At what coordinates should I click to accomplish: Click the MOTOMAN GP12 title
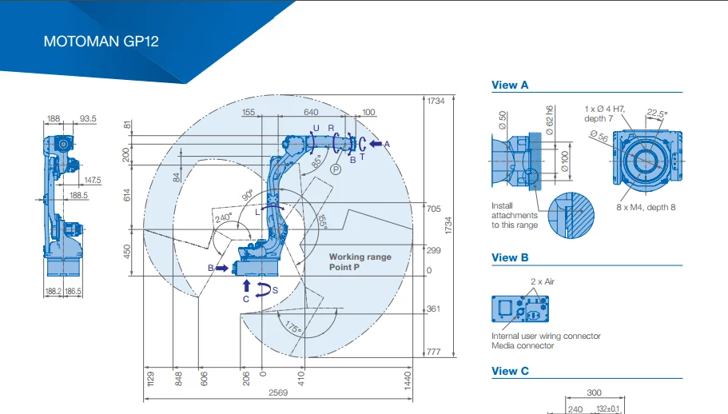(101, 42)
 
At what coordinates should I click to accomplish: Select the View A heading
(510, 85)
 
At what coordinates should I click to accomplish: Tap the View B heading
(510, 257)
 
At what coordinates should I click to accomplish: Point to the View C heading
(510, 371)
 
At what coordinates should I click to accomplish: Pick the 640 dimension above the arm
(311, 113)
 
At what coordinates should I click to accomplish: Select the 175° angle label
(293, 326)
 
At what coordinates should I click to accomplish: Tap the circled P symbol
(336, 169)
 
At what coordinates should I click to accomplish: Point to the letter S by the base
(275, 290)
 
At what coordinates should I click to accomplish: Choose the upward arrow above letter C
(246, 285)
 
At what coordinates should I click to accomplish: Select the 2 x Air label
(543, 282)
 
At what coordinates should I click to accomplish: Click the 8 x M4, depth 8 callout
(645, 208)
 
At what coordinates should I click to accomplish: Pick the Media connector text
(523, 346)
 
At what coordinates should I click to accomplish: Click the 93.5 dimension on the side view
(88, 119)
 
